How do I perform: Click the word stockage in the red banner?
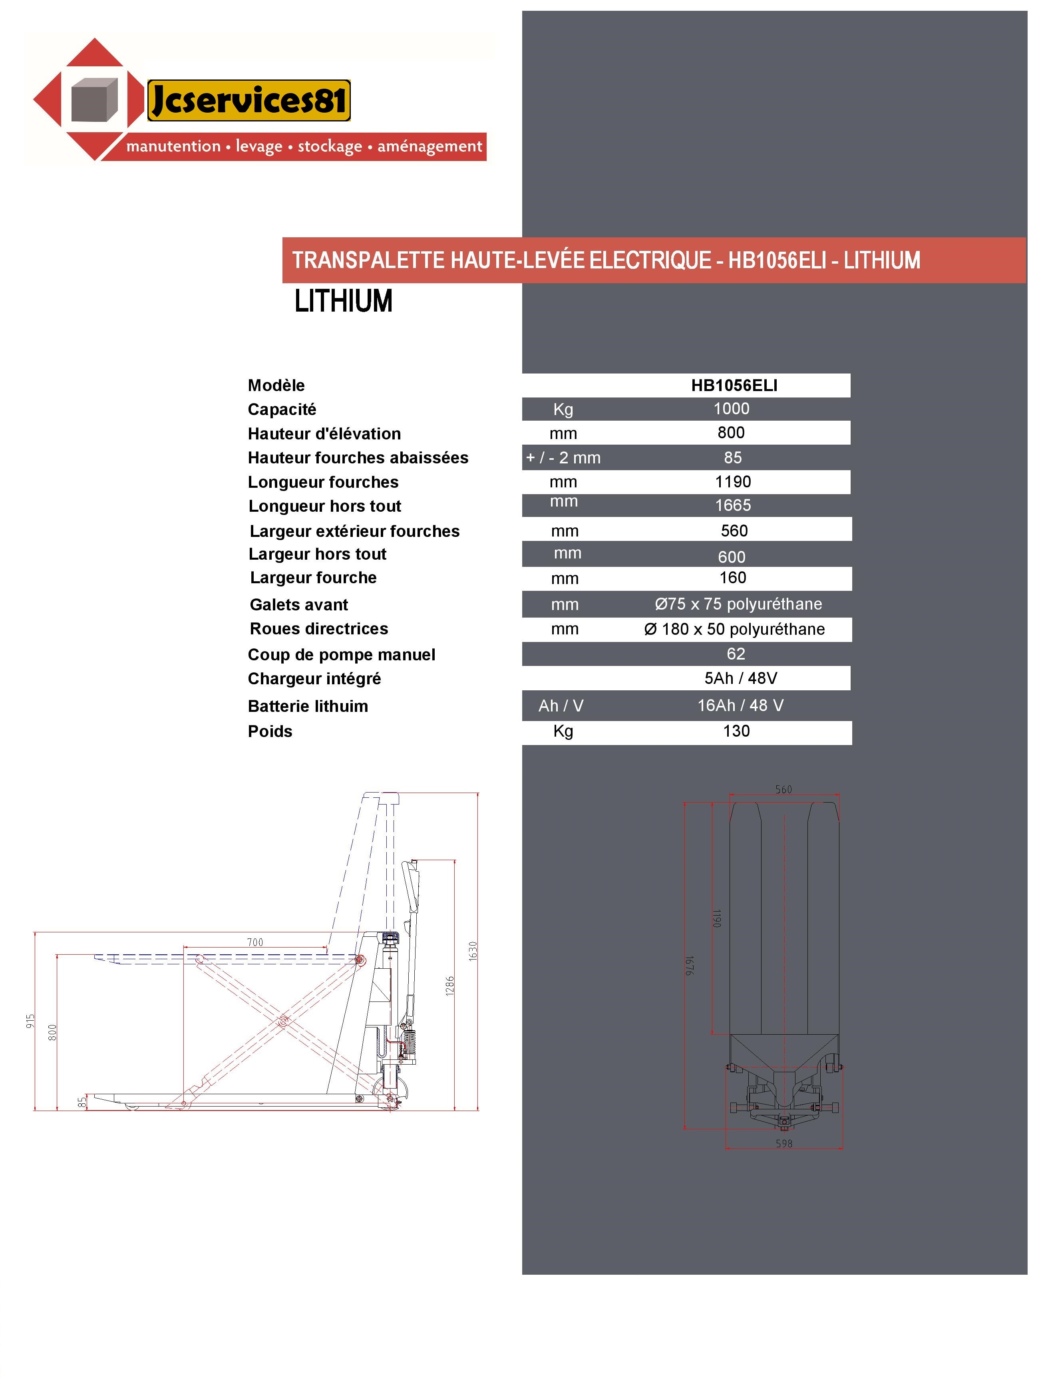tap(329, 147)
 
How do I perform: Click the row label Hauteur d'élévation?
tap(324, 434)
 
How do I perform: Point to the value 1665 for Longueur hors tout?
tap(732, 505)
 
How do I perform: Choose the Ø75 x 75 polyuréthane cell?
tap(738, 604)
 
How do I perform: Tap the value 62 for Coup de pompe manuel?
tap(736, 653)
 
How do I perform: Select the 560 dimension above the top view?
tap(783, 790)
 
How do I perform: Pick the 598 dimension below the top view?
tap(783, 1143)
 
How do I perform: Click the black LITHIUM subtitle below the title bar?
tap(343, 302)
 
